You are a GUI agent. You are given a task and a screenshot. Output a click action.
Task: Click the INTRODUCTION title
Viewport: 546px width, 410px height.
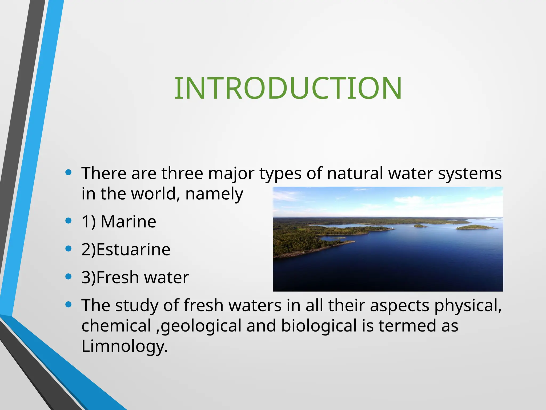click(288, 88)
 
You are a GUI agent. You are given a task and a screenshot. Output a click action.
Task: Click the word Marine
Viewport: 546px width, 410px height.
click(128, 222)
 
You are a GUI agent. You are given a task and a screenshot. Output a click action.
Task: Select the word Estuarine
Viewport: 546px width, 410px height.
click(133, 250)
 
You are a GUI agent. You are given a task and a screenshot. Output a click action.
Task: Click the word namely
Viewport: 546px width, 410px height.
click(214, 194)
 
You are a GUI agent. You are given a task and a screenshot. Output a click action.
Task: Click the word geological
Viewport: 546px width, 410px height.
click(201, 326)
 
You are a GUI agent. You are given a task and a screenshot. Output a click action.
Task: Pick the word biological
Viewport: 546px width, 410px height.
click(319, 326)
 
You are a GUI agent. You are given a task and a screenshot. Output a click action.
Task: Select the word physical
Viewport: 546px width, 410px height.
click(468, 306)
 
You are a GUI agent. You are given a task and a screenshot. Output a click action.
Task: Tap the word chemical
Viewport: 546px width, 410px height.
click(116, 326)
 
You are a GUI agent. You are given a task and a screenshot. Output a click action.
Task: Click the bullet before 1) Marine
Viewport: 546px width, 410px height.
click(69, 221)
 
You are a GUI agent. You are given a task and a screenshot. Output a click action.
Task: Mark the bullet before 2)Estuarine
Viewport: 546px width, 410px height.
click(69, 249)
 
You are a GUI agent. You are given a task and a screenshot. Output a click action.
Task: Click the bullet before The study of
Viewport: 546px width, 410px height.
click(69, 305)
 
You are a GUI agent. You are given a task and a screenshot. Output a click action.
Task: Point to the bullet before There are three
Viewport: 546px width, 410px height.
click(69, 172)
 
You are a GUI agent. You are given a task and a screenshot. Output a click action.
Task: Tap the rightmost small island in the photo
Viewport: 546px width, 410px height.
click(476, 227)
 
